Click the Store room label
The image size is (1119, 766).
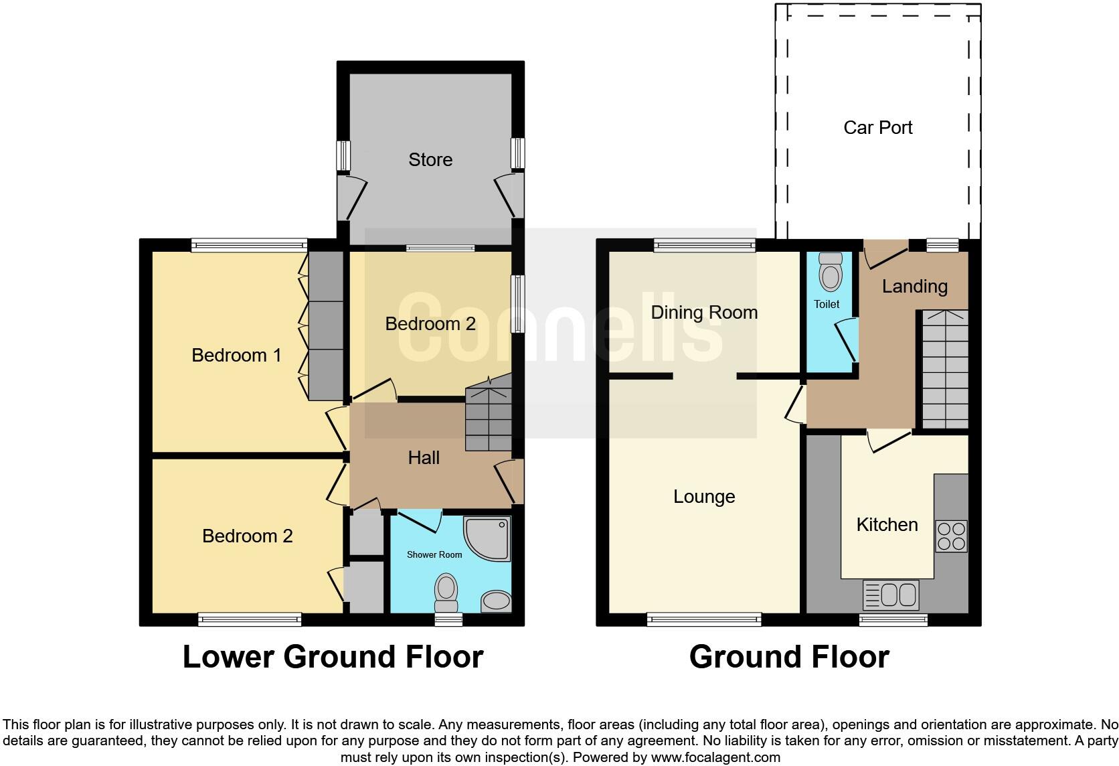point(430,159)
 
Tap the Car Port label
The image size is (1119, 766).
point(877,127)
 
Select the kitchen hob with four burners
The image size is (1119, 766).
point(951,536)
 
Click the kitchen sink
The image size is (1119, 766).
point(891,595)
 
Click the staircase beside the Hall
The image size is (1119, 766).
point(489,415)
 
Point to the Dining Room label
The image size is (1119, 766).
point(704,312)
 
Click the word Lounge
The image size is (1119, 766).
point(704,496)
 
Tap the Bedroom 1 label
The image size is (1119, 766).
point(236,355)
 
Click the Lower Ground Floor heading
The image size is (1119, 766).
point(333,657)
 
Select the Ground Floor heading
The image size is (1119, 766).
point(789,657)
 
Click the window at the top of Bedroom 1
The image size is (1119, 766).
point(249,245)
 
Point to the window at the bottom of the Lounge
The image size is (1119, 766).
point(704,620)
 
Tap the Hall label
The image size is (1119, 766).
point(424,457)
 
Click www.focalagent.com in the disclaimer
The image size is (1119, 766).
point(715,758)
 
